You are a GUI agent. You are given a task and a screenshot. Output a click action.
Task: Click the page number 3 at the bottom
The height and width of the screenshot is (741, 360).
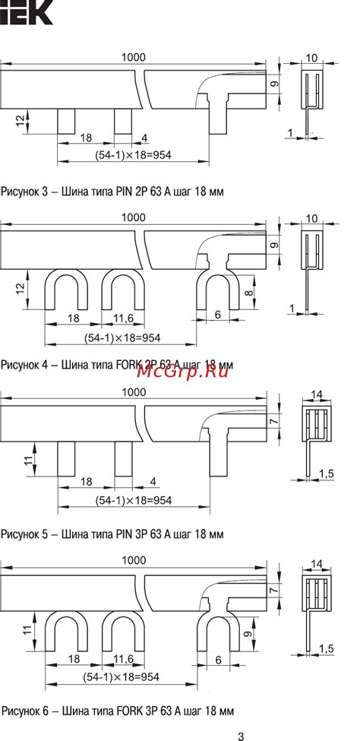241,735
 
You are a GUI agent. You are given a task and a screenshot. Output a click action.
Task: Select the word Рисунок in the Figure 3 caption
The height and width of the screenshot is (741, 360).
23,192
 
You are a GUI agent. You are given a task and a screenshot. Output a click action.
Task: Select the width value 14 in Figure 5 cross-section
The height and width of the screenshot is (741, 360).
317,394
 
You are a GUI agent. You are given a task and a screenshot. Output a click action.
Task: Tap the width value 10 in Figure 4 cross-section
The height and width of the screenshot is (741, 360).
311,219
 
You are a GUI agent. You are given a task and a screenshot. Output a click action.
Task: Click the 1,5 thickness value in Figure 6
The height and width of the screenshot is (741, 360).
327,648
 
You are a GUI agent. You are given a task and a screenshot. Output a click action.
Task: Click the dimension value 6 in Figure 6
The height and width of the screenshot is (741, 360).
218,660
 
